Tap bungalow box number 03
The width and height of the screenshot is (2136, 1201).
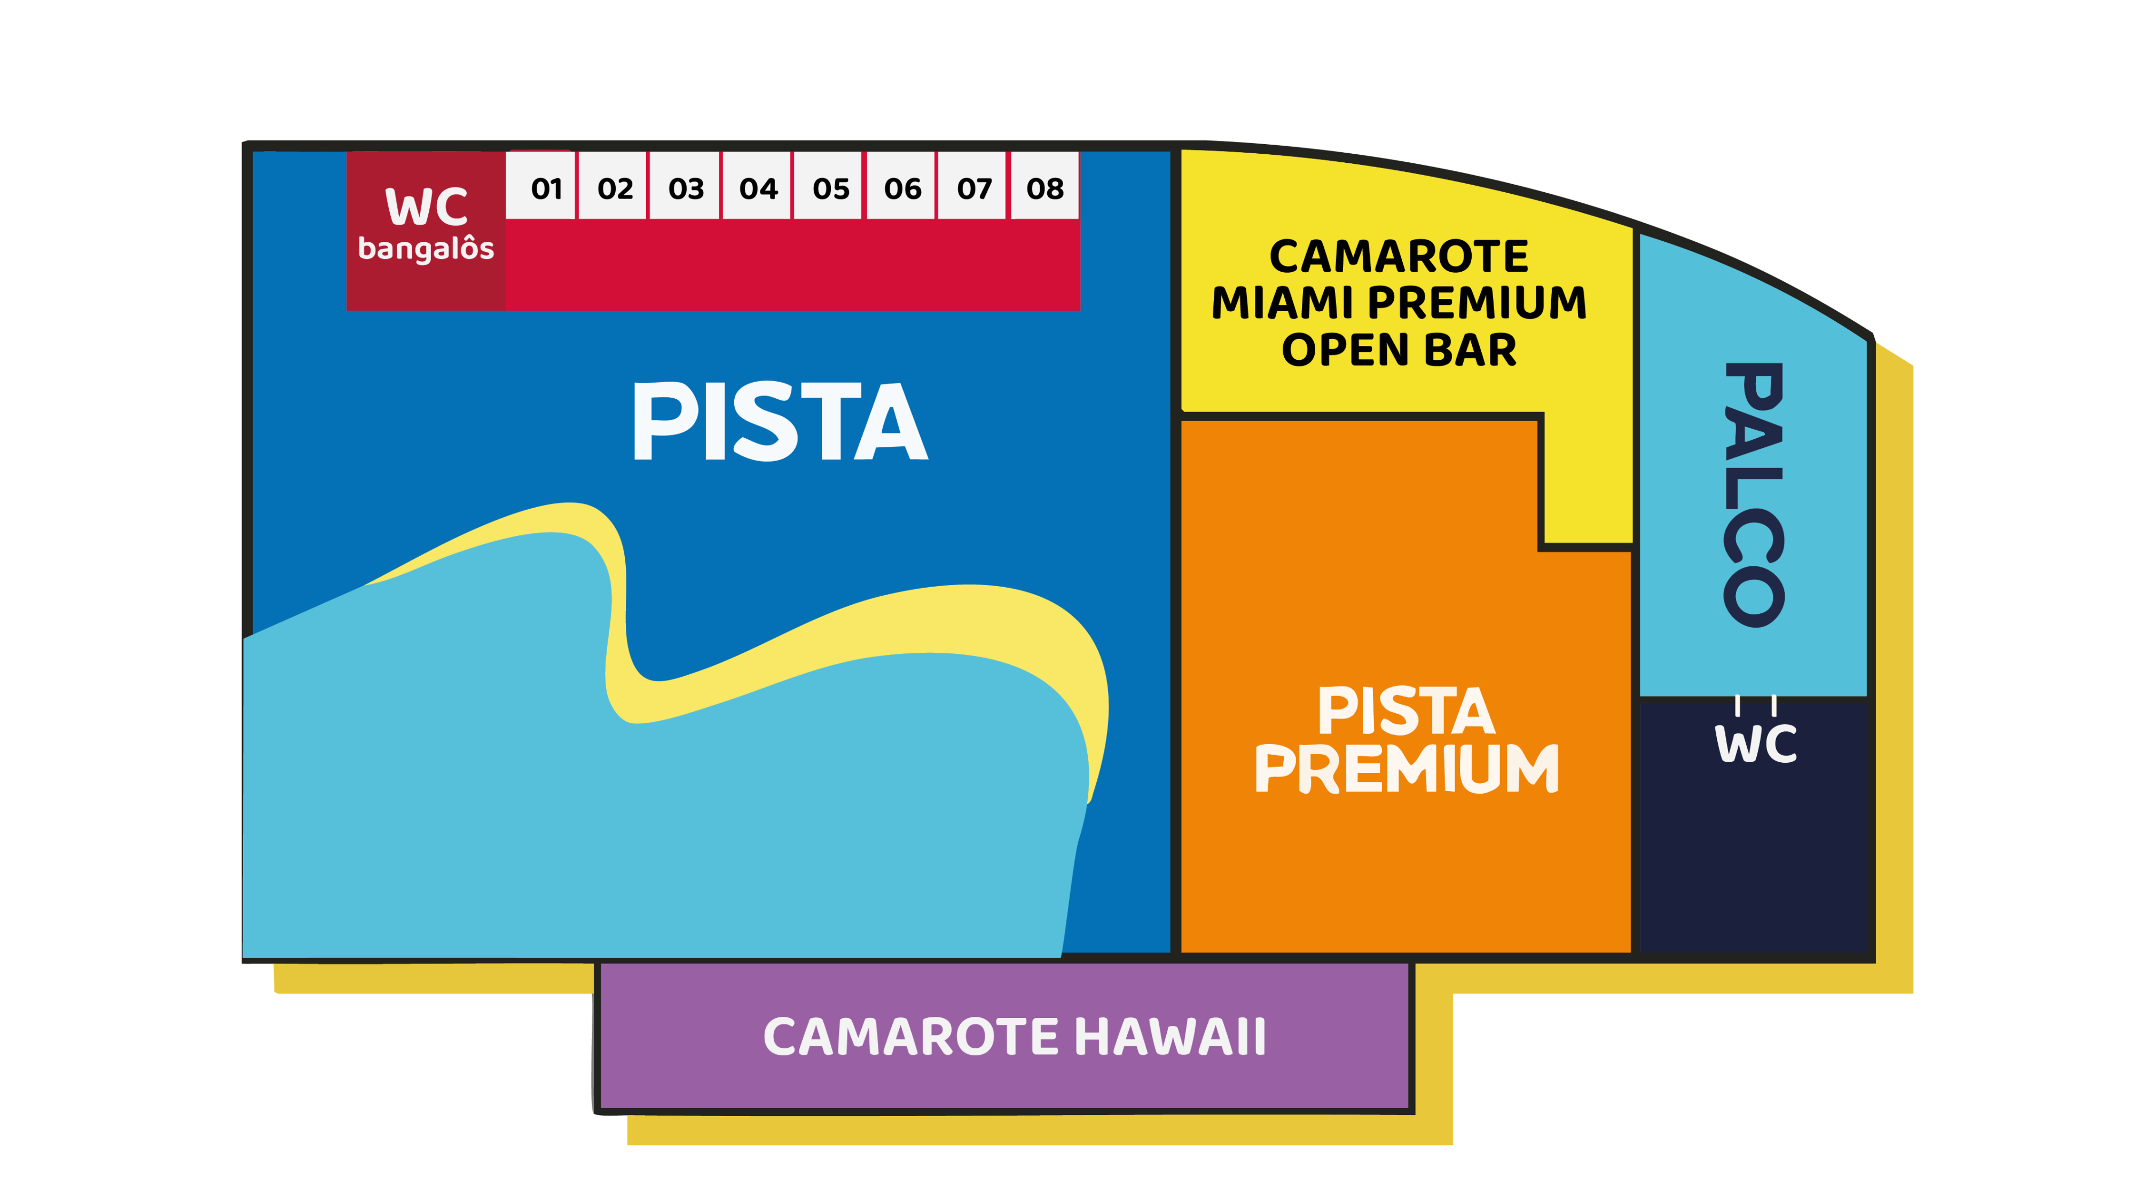(685, 187)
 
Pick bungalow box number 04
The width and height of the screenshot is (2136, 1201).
(757, 187)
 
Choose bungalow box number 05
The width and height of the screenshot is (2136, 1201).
(829, 187)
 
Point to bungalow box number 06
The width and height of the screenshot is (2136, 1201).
(901, 187)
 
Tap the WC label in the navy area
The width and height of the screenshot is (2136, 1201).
(1755, 744)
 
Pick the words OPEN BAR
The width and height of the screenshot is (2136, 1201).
(1399, 350)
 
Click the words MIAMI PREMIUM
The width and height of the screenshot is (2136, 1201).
(1399, 303)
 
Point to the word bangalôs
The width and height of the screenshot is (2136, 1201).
(426, 249)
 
